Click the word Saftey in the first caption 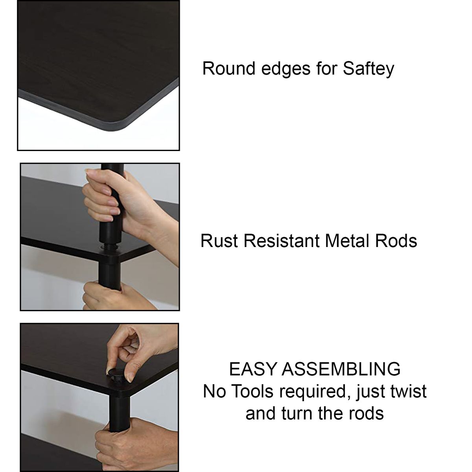369,69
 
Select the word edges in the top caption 286,69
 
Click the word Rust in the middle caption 219,241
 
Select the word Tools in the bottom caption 252,398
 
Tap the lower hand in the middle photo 115,297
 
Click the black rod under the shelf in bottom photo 119,411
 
